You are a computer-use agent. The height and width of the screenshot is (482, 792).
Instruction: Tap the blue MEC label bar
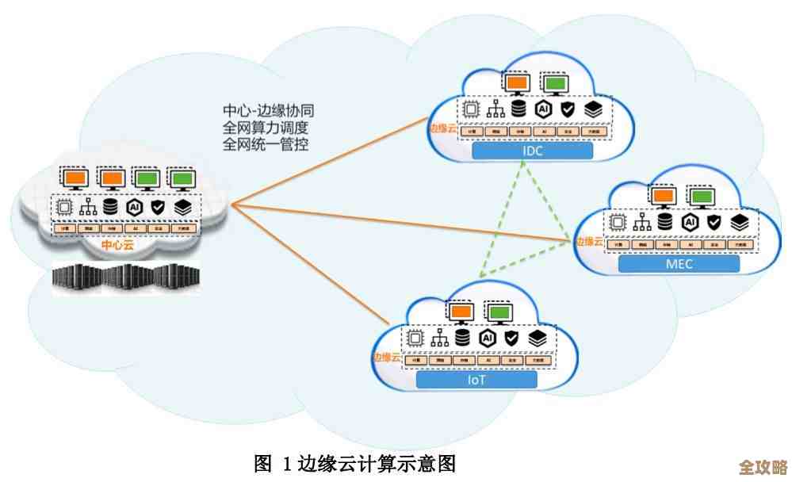pyautogui.click(x=679, y=264)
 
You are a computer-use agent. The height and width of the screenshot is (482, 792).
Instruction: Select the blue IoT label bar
pyautogui.click(x=476, y=380)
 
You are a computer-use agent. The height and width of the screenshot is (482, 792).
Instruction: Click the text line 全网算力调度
pyautogui.click(x=265, y=128)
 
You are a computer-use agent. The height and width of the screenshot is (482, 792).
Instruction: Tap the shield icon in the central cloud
pyautogui.click(x=158, y=206)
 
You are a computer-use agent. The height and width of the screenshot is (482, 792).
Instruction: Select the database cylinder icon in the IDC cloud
pyautogui.click(x=519, y=109)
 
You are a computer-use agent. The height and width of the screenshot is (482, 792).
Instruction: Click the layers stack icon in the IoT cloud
pyautogui.click(x=538, y=338)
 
